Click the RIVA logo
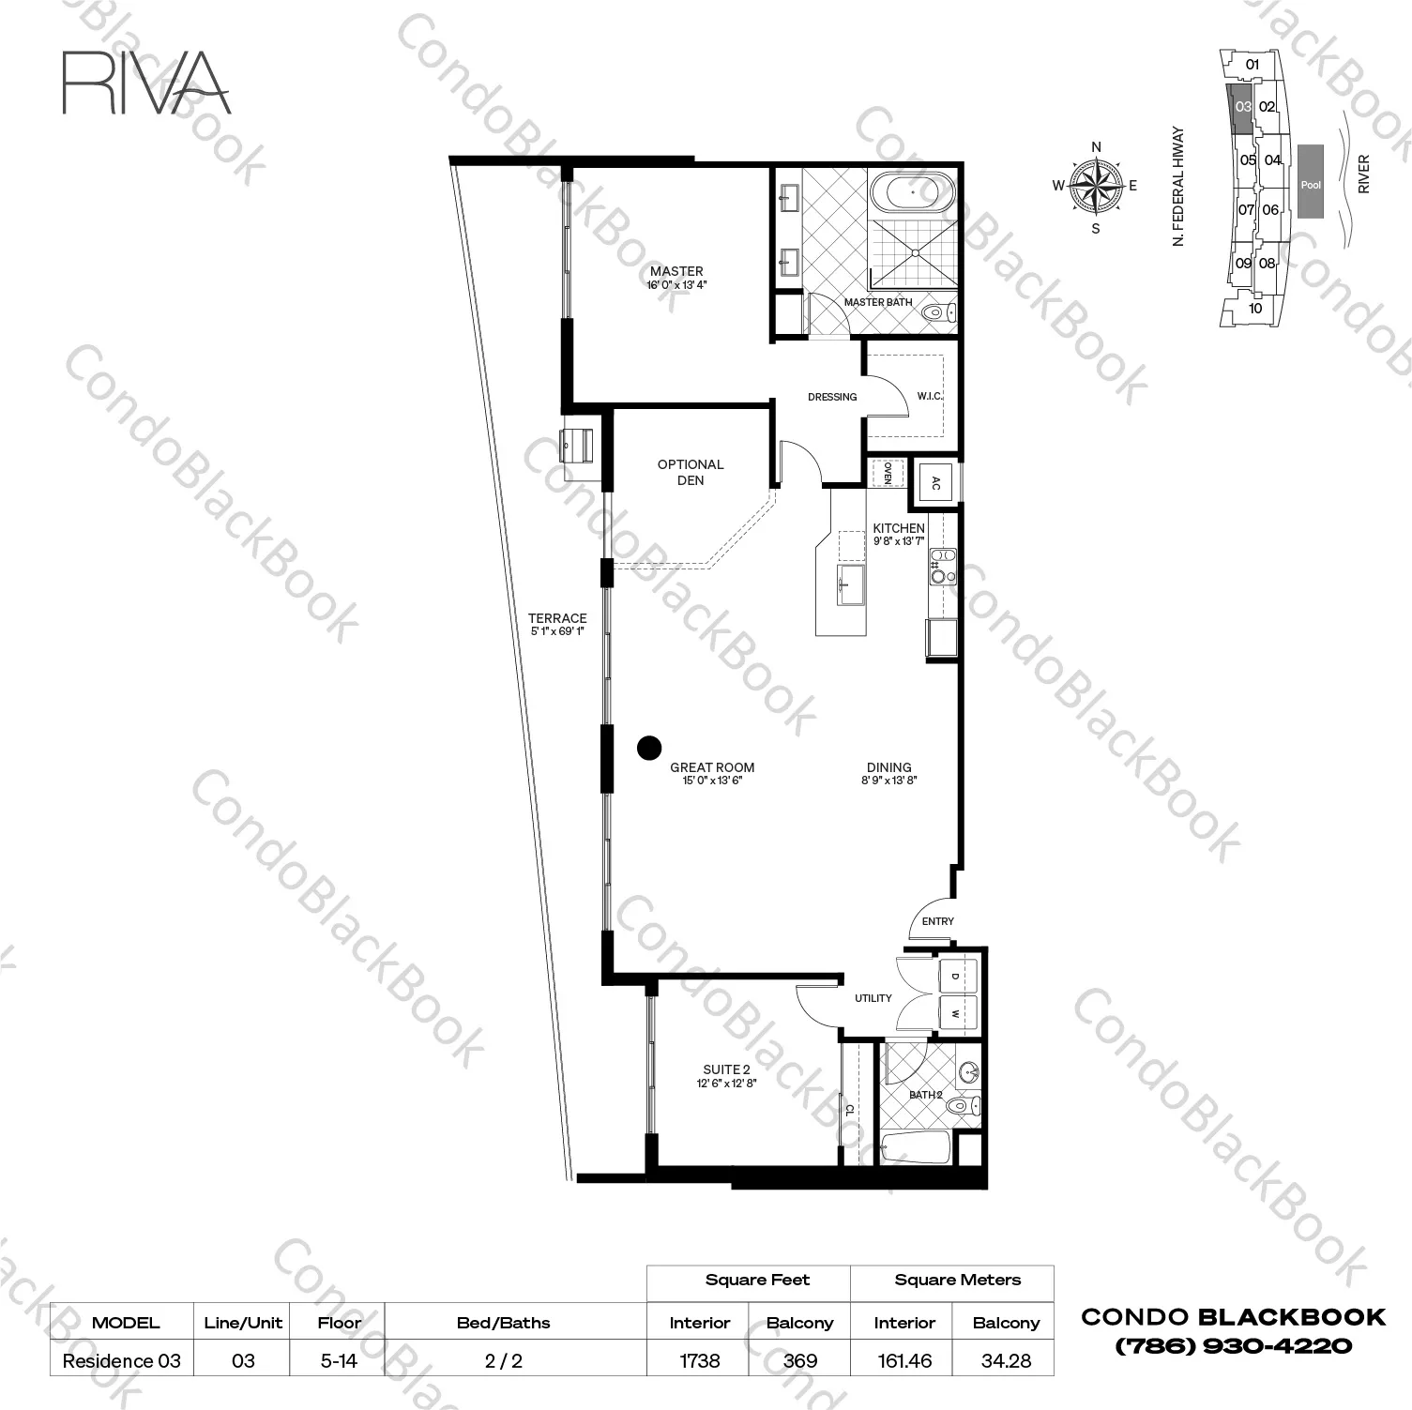(146, 83)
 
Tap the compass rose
(1096, 185)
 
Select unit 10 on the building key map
(1255, 308)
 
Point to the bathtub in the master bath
(913, 194)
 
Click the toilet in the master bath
(938, 311)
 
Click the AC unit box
(935, 484)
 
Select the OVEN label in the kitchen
(887, 473)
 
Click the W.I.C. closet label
(930, 396)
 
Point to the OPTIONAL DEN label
(691, 472)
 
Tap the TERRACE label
(557, 618)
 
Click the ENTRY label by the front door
(937, 921)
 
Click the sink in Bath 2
(968, 1071)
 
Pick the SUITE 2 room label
(726, 1069)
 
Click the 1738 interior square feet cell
(700, 1360)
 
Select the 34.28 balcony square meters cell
(1006, 1360)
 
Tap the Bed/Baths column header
(504, 1323)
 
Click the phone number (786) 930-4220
(1233, 1346)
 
